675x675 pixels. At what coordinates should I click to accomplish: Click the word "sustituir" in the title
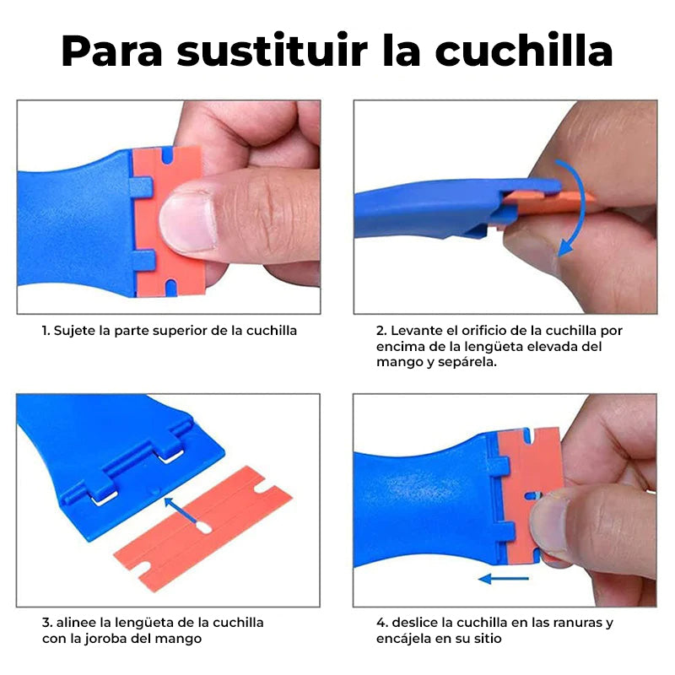point(272,51)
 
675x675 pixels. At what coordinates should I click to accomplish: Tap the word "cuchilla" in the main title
point(524,50)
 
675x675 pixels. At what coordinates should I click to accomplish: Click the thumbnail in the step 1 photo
point(187,221)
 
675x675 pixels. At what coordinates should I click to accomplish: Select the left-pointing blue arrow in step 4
point(504,579)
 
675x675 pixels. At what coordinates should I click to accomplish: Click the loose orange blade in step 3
point(202,528)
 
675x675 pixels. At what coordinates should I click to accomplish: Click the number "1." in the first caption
point(46,331)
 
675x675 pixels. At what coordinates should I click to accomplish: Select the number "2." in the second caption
point(381,331)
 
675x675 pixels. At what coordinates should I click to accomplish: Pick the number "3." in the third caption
point(47,623)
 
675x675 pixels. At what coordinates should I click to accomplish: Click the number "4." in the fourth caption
point(382,623)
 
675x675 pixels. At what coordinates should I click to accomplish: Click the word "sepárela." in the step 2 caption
point(467,363)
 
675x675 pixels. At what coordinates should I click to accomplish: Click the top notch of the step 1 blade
point(167,156)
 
